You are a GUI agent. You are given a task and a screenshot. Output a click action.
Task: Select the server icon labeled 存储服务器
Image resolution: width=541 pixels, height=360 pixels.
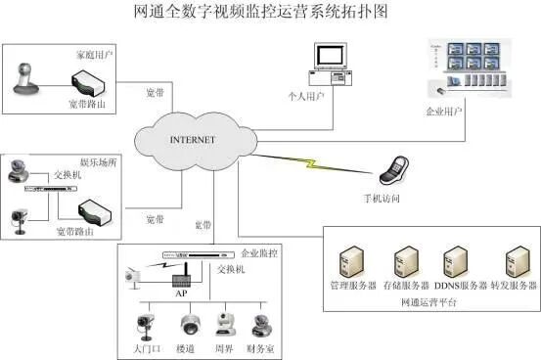coord(404,262)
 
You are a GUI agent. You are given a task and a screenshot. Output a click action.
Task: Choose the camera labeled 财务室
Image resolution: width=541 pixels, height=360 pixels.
coord(260,325)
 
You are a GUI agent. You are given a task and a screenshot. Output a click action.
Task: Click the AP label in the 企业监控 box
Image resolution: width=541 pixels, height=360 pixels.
coord(179,292)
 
